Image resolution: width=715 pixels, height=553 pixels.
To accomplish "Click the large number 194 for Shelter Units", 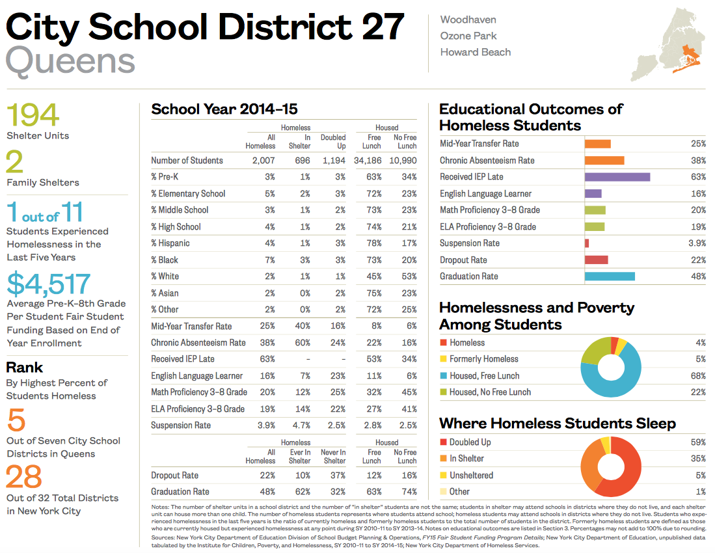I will (x=33, y=116).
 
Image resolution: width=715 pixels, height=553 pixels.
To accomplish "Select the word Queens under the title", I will (x=70, y=61).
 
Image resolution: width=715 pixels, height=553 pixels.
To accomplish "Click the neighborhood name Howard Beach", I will (x=475, y=52).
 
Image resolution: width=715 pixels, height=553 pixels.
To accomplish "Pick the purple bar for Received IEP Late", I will (x=617, y=177).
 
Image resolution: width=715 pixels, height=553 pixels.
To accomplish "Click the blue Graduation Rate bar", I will (x=609, y=276).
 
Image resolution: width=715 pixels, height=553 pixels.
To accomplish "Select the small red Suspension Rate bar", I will (x=587, y=243).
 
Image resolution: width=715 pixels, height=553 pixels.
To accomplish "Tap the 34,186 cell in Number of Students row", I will (x=368, y=161).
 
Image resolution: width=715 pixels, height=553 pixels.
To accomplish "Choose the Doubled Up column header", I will (x=332, y=141).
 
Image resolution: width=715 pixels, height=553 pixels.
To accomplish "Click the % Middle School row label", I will (x=180, y=210).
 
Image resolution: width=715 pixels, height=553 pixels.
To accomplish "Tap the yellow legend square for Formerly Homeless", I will (x=443, y=359).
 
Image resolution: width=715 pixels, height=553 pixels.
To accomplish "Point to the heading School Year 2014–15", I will (x=224, y=109).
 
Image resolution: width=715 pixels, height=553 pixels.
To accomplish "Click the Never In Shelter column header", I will (x=332, y=456).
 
